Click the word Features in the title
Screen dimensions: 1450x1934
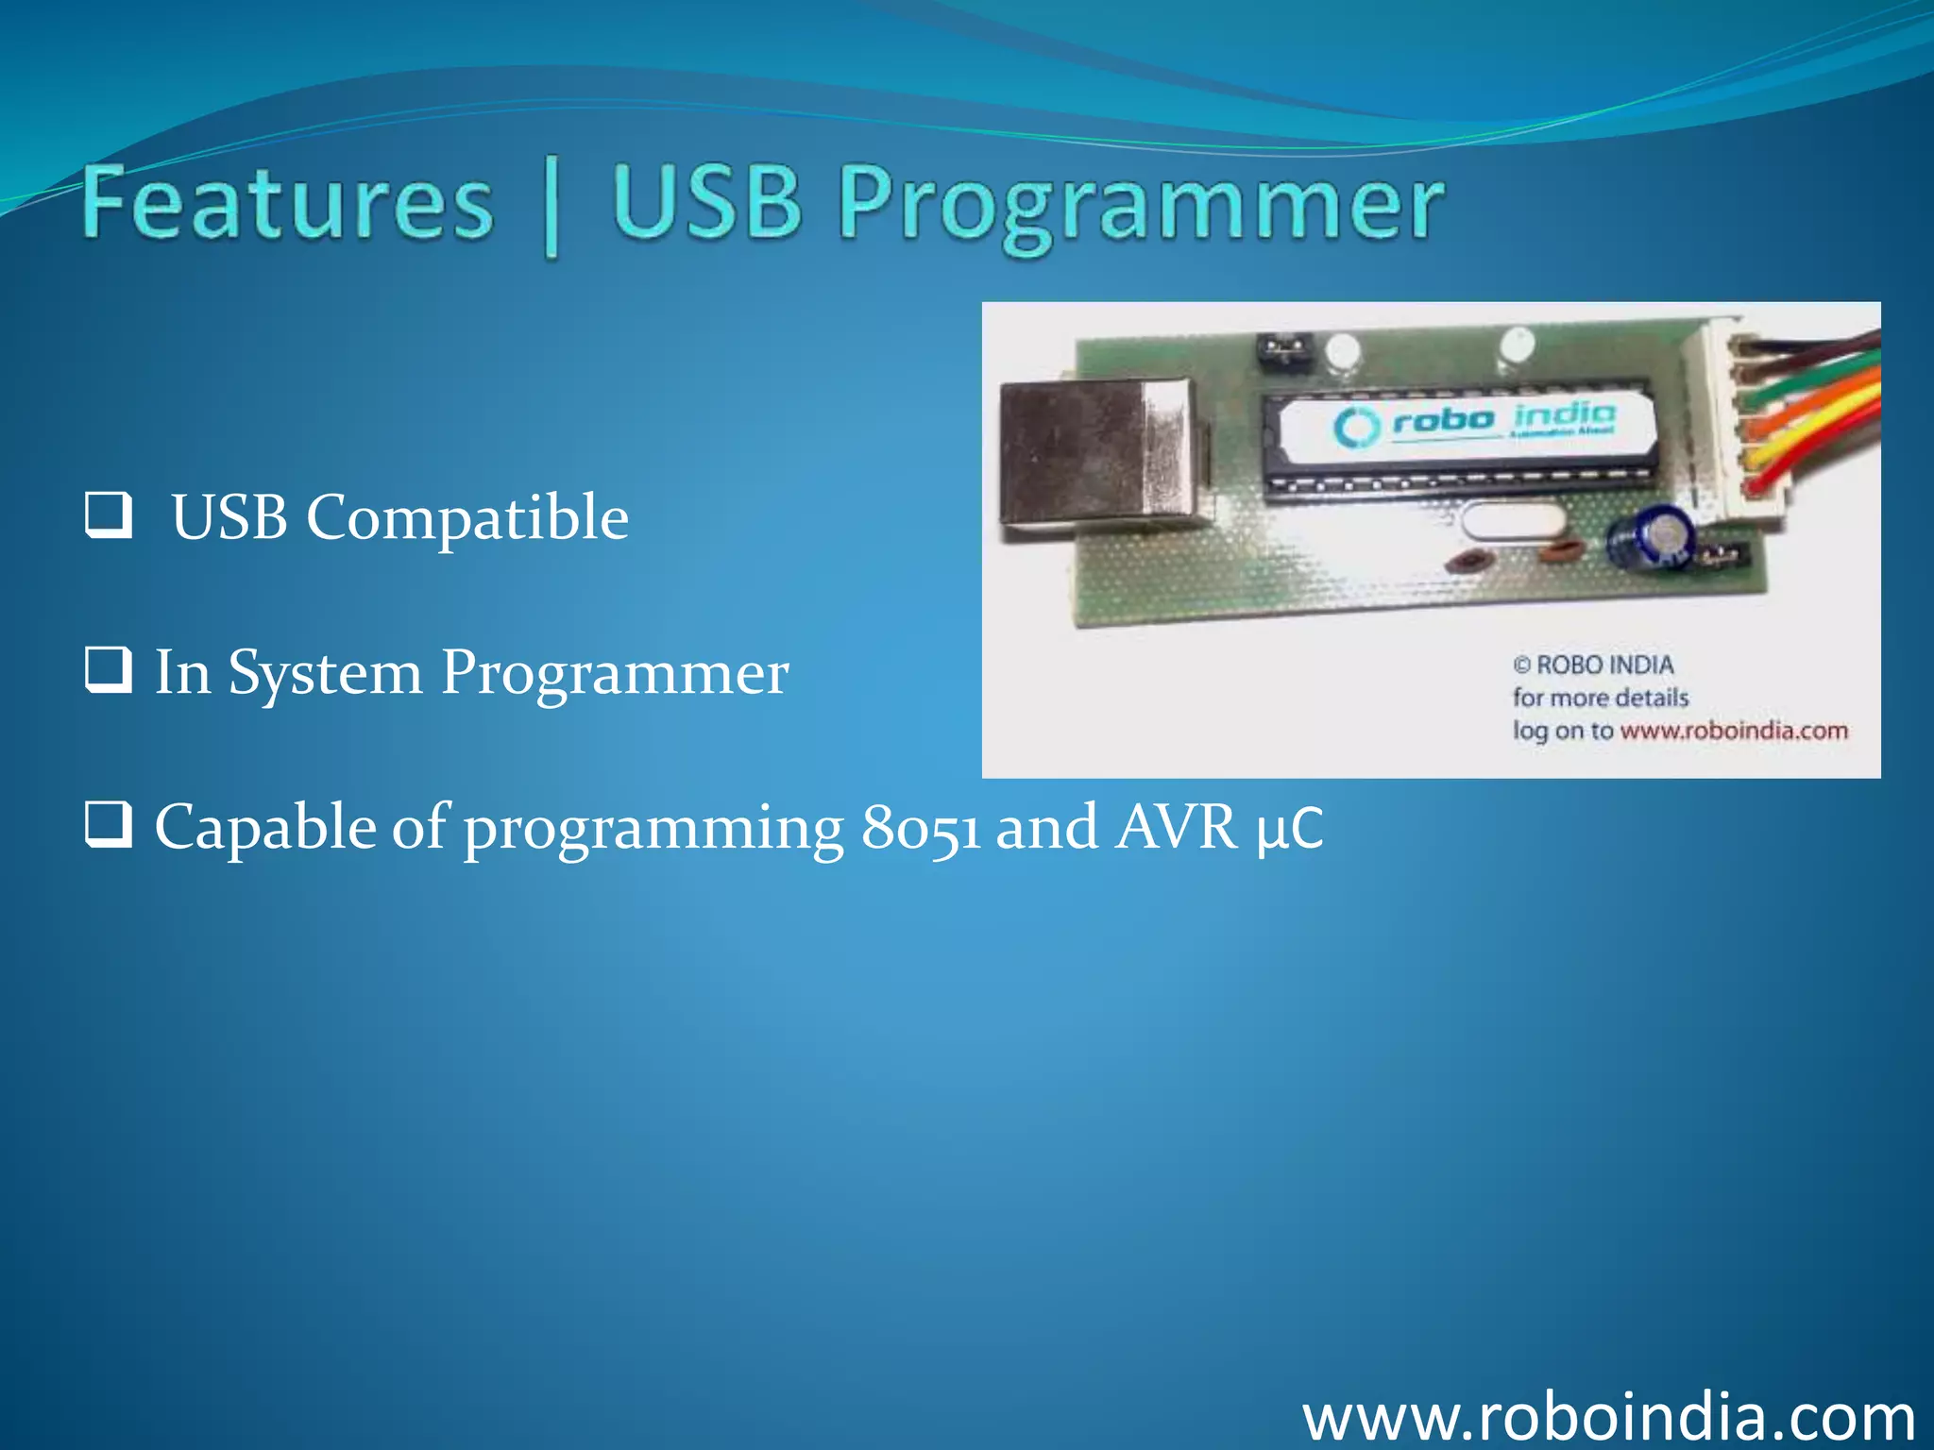tap(288, 203)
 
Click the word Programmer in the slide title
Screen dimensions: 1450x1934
tap(1141, 205)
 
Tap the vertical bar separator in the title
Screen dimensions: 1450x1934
tap(551, 210)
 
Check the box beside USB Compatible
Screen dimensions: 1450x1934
tap(108, 515)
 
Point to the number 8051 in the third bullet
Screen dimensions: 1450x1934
tap(920, 828)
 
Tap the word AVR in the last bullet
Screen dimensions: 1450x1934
tap(1176, 828)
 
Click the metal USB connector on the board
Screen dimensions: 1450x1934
tap(1100, 460)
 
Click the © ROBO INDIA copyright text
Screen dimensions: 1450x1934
tap(1593, 666)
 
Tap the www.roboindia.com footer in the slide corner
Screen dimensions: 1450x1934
tap(1608, 1417)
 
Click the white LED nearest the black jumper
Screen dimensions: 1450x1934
tap(1342, 353)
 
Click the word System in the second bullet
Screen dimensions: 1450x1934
tap(325, 673)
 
